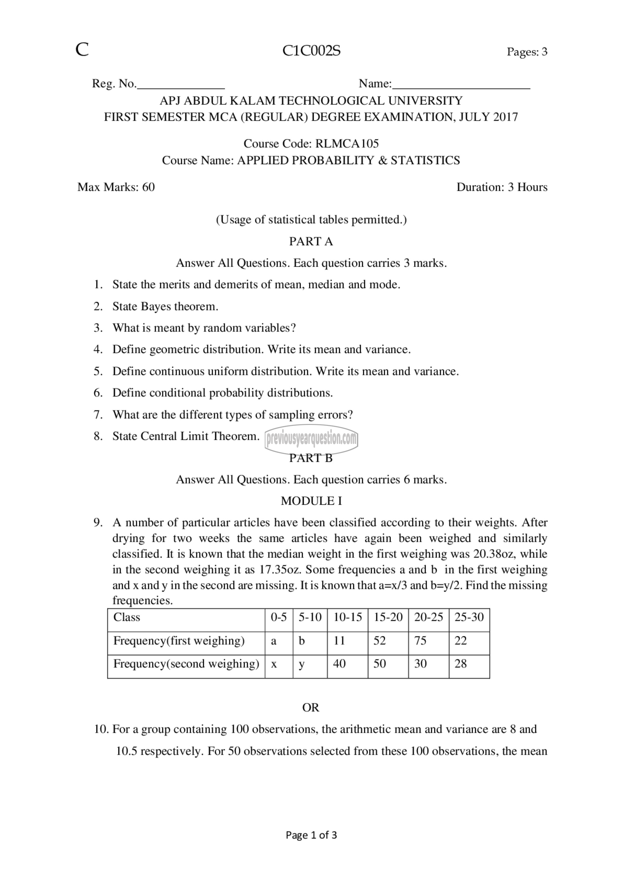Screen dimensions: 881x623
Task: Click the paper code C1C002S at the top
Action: click(311, 51)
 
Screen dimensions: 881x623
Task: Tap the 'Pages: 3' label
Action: click(527, 51)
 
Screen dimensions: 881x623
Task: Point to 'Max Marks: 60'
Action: click(116, 187)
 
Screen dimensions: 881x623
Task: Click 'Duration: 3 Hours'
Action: click(502, 187)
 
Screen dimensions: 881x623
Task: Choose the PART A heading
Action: click(311, 241)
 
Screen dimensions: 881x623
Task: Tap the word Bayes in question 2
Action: click(156, 306)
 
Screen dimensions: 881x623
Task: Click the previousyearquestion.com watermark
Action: click(311, 438)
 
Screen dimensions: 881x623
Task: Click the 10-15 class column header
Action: click(347, 617)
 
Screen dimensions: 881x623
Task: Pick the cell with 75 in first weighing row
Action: click(420, 641)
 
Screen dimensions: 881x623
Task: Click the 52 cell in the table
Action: click(379, 641)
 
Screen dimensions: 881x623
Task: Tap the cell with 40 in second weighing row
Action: click(339, 664)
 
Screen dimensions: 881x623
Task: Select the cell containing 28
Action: click(461, 664)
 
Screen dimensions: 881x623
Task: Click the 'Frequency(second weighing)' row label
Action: click(186, 664)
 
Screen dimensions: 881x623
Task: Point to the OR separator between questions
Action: click(311, 707)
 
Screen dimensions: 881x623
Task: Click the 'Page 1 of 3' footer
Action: click(311, 835)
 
